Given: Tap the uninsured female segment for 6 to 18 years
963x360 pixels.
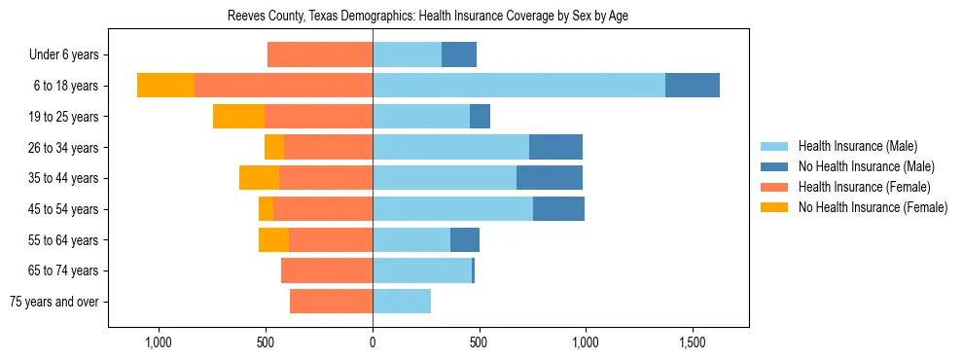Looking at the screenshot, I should click(165, 86).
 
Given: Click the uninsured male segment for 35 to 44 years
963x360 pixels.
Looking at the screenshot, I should click(550, 178).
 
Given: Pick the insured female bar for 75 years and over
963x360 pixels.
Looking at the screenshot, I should click(331, 302).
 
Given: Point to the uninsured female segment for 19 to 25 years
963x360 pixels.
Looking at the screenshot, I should click(238, 117).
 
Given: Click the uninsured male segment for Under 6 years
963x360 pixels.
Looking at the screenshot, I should click(459, 54).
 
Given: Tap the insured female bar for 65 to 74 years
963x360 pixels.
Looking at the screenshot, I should click(327, 270).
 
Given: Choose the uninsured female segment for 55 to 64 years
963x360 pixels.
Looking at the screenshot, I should click(273, 239).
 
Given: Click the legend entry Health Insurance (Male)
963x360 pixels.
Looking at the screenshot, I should click(857, 146).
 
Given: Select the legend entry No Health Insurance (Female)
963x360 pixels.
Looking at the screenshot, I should click(873, 207).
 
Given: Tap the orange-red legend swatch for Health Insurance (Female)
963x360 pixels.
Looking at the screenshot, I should click(774, 187).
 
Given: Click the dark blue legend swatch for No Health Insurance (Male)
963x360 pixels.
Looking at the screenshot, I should click(774, 166).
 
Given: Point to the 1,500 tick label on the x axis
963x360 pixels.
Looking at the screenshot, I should click(692, 343).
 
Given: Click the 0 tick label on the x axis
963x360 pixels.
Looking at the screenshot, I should click(373, 343).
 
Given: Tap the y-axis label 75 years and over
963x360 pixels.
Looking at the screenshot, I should click(54, 302).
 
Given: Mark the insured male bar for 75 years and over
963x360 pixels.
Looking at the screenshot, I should click(402, 302).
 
